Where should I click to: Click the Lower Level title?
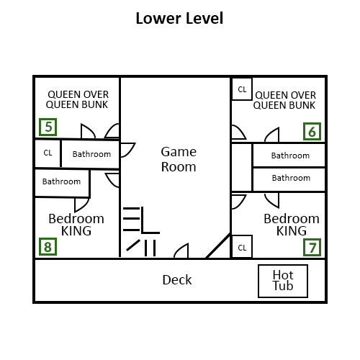click(x=179, y=18)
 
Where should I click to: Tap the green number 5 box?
click(x=48, y=128)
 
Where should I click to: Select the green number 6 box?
click(x=312, y=131)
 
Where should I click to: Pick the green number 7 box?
click(x=312, y=248)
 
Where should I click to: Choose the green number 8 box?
click(x=48, y=248)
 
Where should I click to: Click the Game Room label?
click(x=179, y=158)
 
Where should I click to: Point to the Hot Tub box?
click(x=283, y=281)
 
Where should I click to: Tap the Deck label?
click(x=177, y=279)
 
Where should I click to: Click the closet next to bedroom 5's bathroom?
click(x=48, y=153)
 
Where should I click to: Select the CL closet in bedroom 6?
click(x=242, y=89)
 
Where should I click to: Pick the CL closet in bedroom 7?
click(x=242, y=247)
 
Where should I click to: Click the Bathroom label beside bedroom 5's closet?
click(x=91, y=154)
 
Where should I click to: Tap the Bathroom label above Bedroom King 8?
click(x=61, y=181)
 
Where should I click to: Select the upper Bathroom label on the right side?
click(x=290, y=155)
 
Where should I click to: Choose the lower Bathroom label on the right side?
click(x=290, y=178)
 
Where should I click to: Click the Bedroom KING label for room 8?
click(x=76, y=225)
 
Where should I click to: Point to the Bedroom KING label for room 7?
click(x=291, y=225)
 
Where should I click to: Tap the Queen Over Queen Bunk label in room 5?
click(x=78, y=99)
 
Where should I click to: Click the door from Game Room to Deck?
click(x=181, y=251)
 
